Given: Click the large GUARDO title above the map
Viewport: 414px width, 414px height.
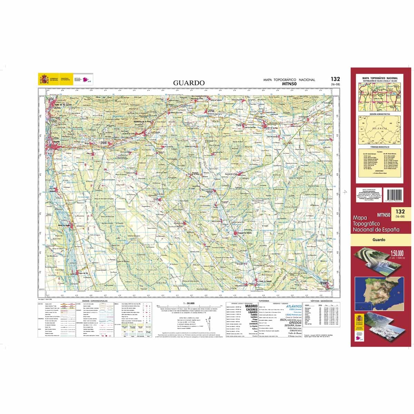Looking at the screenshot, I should click(189, 83).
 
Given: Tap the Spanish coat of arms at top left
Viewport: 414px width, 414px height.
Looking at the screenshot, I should click(43, 79).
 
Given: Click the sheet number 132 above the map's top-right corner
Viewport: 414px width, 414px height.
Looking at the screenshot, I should click(335, 79).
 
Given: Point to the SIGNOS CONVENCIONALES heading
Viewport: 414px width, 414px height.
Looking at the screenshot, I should click(92, 301).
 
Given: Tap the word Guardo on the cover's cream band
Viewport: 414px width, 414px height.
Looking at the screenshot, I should click(378, 239).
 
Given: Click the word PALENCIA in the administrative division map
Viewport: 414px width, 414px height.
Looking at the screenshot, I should click(379, 129).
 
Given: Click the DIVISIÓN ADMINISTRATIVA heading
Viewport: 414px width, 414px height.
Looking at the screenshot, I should click(379, 114).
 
